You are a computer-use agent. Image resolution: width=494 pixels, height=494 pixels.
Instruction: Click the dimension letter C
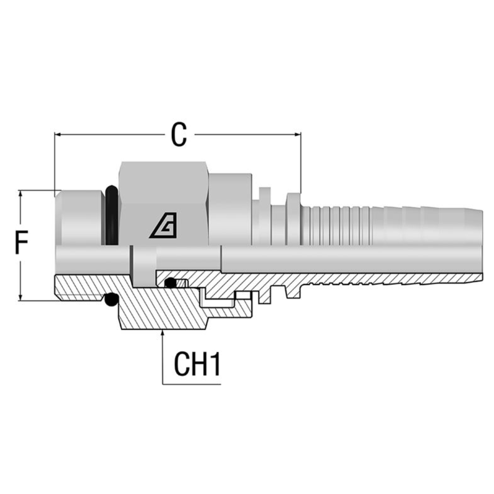pos(179,135)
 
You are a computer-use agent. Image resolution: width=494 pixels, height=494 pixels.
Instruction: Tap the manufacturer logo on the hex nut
pos(163,228)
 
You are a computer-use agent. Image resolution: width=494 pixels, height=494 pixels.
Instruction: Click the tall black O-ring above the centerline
pos(111,215)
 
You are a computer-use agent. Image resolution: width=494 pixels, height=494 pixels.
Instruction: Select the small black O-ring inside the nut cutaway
pos(171,284)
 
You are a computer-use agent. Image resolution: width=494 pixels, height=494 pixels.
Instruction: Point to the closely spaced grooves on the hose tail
pos(336,226)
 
